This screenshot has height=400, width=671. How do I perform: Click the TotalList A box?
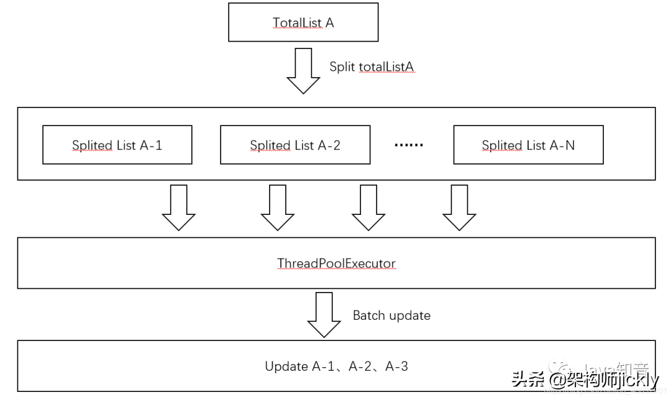(303, 22)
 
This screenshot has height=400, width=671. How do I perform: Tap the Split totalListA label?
(372, 66)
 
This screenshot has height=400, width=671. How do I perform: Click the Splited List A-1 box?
(117, 145)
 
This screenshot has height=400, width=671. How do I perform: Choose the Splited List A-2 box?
(295, 145)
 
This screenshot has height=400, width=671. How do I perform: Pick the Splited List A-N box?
(528, 145)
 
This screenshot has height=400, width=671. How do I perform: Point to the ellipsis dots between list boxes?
(409, 145)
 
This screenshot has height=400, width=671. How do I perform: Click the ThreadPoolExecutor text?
(336, 263)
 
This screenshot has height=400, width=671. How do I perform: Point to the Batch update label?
(391, 316)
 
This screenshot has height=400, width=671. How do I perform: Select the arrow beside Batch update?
(324, 314)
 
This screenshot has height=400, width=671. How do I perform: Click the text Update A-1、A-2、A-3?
(336, 366)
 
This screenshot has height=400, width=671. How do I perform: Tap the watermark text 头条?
(528, 378)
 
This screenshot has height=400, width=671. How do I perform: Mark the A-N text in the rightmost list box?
(562, 145)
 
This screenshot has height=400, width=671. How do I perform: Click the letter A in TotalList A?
(329, 22)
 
